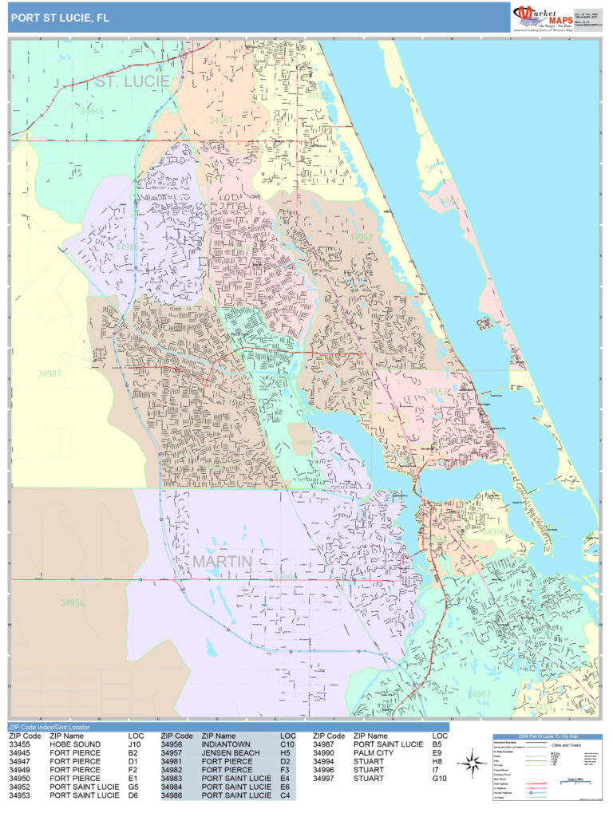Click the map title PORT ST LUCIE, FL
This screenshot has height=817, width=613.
(x=60, y=17)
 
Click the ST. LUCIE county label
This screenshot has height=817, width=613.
(x=132, y=81)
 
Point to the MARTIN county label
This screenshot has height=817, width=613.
(x=222, y=562)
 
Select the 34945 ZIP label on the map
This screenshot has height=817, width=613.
(x=92, y=112)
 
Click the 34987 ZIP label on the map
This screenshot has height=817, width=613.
(x=49, y=373)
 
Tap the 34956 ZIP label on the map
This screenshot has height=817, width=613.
(x=72, y=603)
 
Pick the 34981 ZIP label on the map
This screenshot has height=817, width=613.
(x=221, y=120)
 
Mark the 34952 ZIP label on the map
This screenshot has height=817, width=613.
(x=361, y=238)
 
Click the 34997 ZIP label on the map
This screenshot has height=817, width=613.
(x=479, y=694)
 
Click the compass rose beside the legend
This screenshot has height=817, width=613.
(x=469, y=762)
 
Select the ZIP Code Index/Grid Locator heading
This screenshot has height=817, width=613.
(x=49, y=727)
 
